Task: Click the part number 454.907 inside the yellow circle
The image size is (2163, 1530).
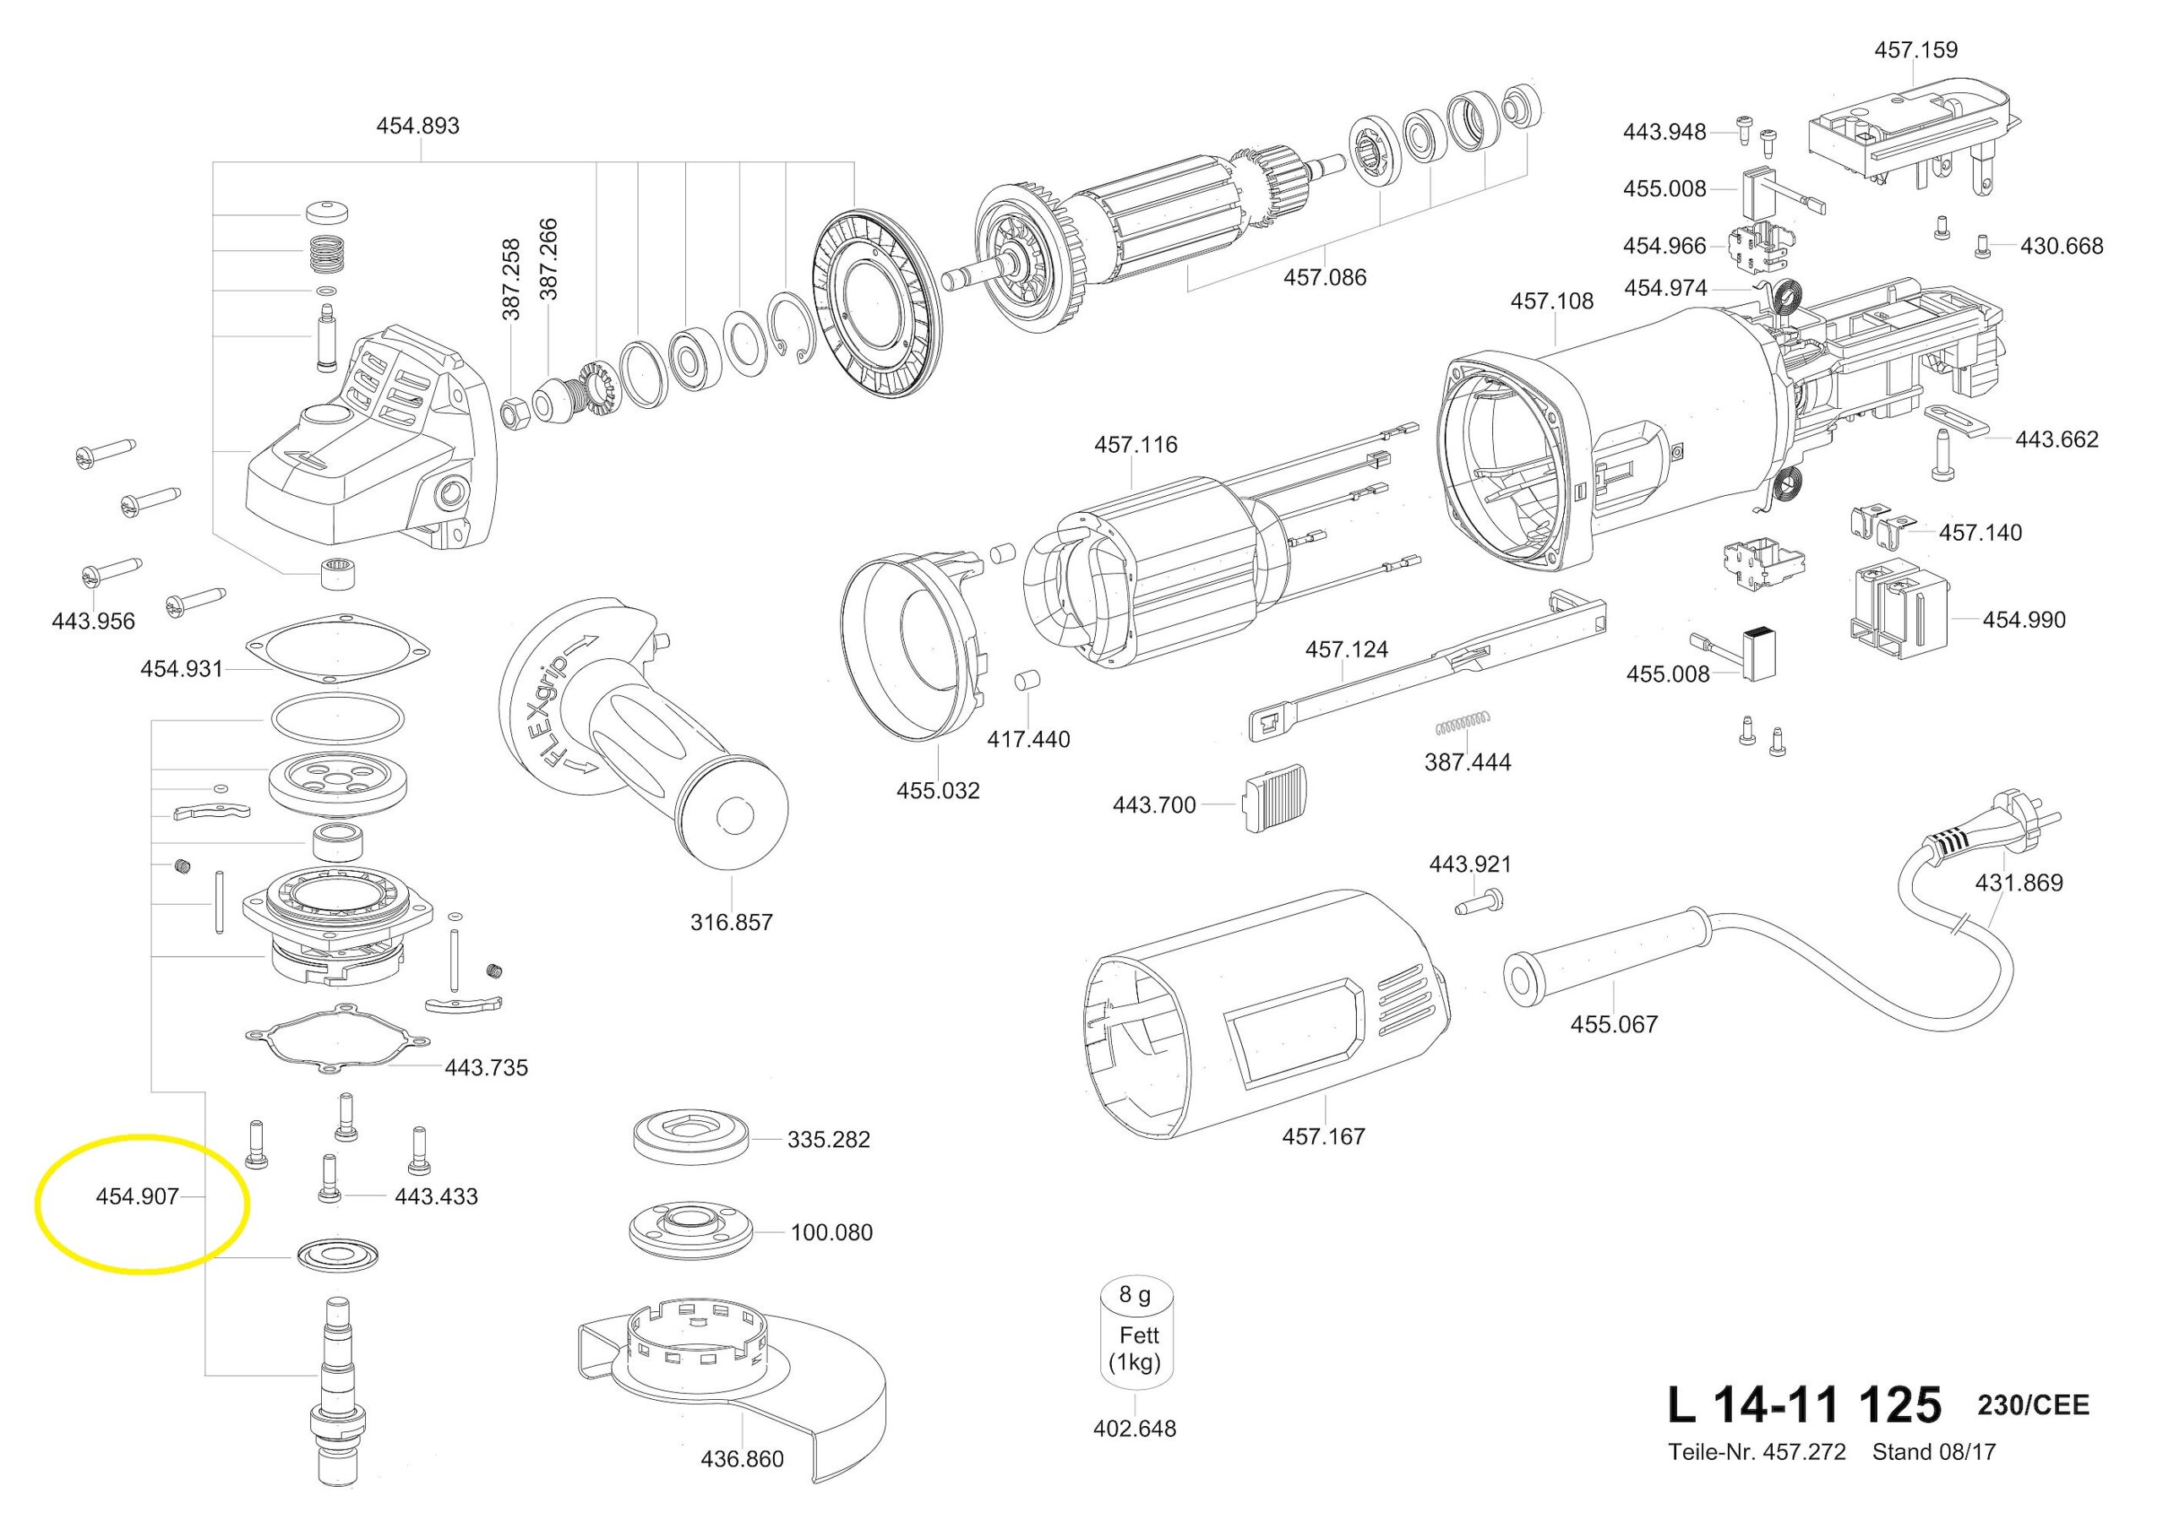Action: coord(137,1196)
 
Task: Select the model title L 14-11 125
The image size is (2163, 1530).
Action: coord(1804,1406)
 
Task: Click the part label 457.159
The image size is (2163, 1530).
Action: coord(1915,50)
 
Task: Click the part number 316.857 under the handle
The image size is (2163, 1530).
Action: coord(731,923)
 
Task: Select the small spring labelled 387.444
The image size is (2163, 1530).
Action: coord(1461,723)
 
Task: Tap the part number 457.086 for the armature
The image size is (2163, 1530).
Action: coord(1325,278)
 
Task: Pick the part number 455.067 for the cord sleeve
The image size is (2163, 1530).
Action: coord(1614,1024)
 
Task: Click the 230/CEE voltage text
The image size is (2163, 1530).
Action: coord(2032,1407)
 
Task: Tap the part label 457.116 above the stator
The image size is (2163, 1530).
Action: coord(1136,444)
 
